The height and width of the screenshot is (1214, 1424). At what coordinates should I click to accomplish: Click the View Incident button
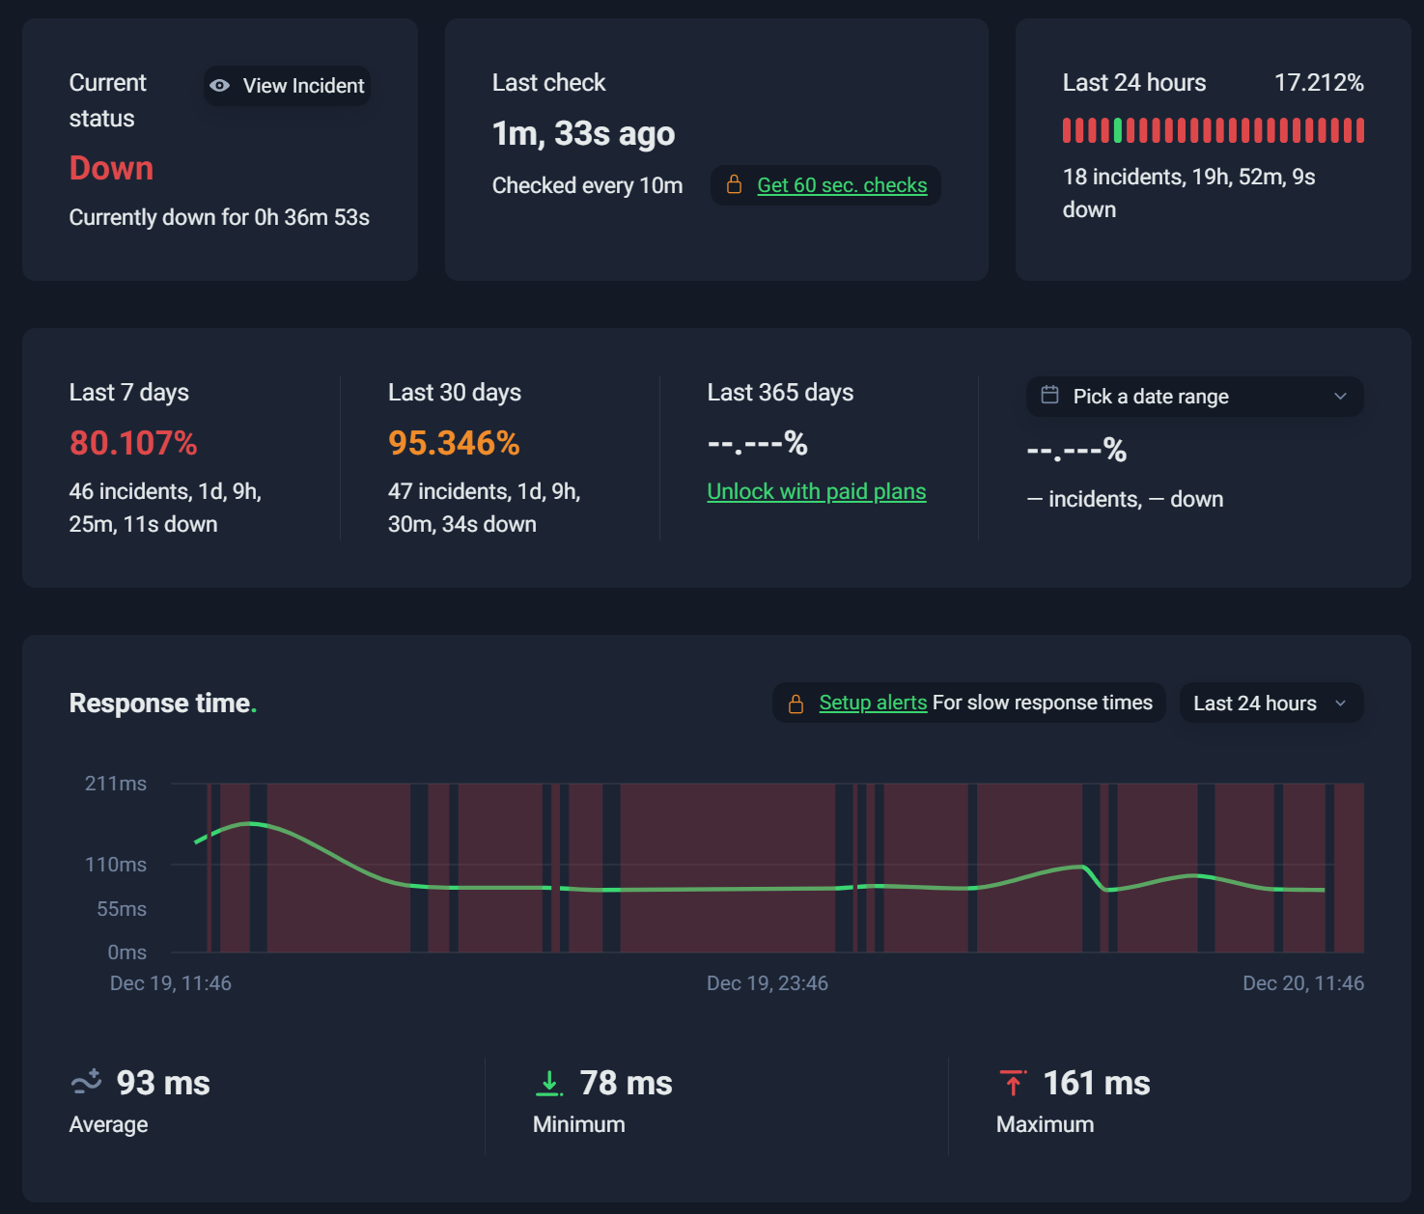click(x=288, y=85)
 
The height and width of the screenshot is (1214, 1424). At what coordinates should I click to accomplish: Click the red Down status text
click(x=111, y=168)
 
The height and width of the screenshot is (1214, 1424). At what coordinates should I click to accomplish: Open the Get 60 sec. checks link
click(x=842, y=184)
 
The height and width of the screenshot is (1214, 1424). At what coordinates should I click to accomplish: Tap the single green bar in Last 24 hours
click(x=1118, y=130)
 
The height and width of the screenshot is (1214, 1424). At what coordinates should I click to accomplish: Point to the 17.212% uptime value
click(x=1319, y=83)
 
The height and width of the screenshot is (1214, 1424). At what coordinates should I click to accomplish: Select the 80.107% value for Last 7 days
click(x=133, y=443)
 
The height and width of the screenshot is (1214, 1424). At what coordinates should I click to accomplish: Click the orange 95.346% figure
click(x=454, y=443)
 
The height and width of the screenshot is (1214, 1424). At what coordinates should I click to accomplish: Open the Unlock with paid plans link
click(x=817, y=491)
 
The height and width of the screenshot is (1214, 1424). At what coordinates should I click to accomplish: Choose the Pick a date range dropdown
click(x=1194, y=396)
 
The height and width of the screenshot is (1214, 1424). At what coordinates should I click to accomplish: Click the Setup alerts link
click(x=873, y=703)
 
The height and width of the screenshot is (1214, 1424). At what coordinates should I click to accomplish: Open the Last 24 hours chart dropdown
click(x=1271, y=703)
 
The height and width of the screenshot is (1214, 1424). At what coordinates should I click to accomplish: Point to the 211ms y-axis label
click(x=115, y=783)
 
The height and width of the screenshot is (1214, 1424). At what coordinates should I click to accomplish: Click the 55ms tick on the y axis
click(x=122, y=908)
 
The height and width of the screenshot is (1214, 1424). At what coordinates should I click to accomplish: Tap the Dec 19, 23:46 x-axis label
click(x=767, y=982)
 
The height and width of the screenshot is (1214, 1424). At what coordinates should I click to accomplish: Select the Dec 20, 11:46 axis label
click(x=1302, y=982)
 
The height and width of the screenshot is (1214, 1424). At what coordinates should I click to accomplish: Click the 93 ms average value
click(x=162, y=1083)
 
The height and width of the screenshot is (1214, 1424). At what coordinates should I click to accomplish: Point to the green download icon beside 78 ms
click(x=549, y=1083)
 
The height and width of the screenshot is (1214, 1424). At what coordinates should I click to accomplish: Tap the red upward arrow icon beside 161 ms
click(x=1013, y=1083)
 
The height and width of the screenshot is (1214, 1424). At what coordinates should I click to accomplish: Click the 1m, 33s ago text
click(x=583, y=133)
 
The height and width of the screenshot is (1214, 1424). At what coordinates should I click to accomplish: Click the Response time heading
click(x=162, y=704)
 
